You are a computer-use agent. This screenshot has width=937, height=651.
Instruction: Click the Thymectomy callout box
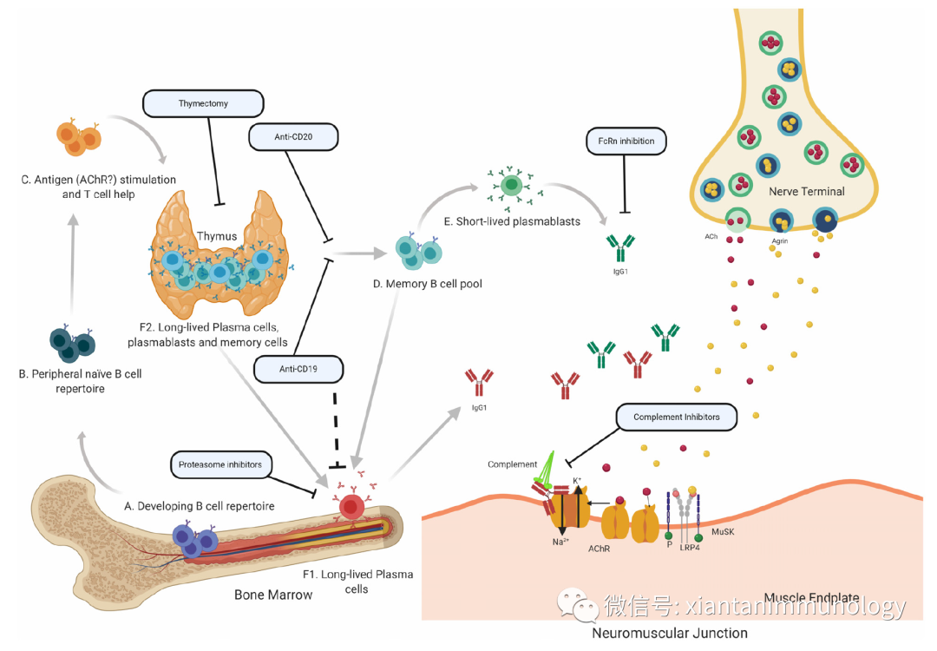point(202,104)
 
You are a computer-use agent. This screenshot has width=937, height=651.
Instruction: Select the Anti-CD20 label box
point(293,136)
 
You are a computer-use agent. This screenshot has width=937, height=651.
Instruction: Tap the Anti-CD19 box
point(298,369)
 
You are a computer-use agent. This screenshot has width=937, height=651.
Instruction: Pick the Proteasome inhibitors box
point(220,464)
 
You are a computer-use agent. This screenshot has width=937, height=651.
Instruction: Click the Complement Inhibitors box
point(676,418)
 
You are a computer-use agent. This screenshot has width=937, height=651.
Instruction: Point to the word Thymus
point(216,236)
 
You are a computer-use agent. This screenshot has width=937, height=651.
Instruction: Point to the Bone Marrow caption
point(273,595)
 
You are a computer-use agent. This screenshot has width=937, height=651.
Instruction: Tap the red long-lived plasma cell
point(351,506)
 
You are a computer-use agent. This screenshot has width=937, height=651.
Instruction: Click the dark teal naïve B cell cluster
point(72,342)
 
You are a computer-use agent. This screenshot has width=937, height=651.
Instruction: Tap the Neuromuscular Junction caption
point(669,633)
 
